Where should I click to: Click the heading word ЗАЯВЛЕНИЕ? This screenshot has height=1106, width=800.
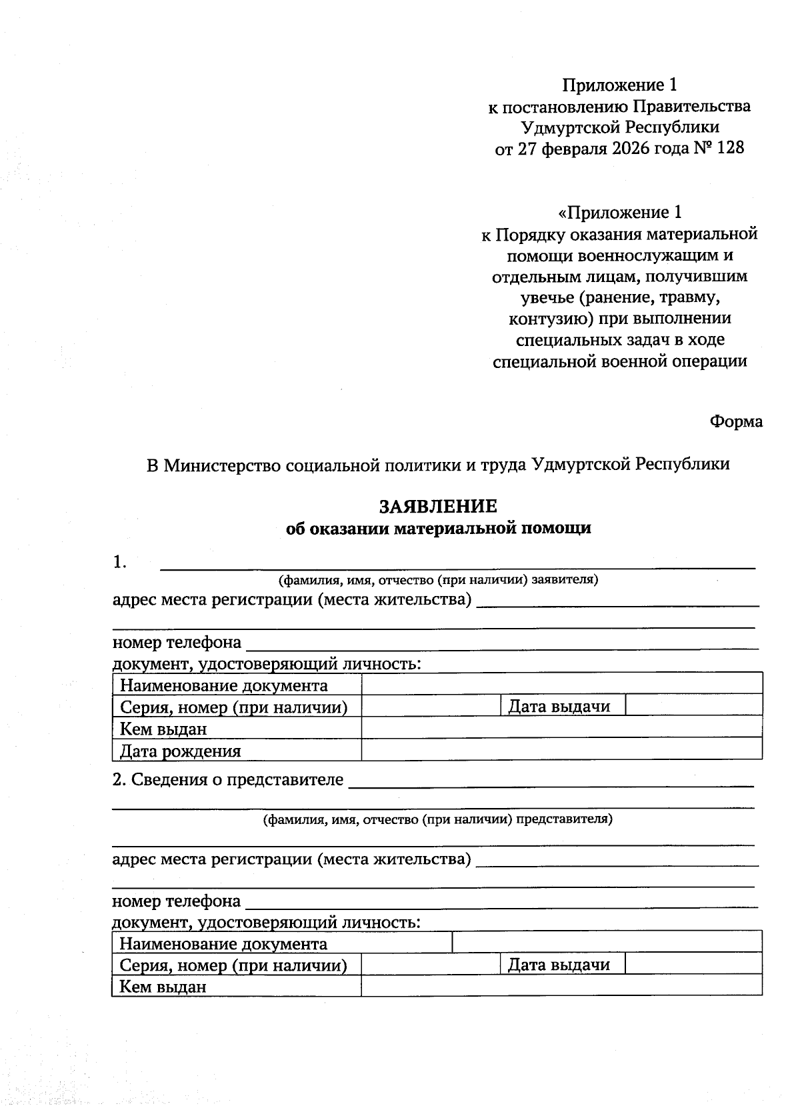438,507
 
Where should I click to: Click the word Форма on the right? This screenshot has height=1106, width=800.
736,422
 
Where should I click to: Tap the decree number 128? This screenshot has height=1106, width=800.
731,148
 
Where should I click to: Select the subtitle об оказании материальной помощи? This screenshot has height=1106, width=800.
438,529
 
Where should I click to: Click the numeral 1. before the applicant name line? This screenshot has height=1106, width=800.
120,563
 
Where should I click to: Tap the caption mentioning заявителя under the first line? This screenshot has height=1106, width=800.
438,579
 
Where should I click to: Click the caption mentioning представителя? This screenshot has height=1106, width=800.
437,819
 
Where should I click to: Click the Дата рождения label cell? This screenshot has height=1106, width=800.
180,751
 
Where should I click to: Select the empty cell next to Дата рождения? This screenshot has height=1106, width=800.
561,749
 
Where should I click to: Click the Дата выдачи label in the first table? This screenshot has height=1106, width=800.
559,707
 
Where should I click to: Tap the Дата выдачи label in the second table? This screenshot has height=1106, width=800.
559,965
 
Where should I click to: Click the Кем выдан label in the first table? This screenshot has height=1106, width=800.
163,729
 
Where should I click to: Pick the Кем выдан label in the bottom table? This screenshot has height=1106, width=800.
163,987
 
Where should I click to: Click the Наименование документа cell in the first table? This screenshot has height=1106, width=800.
223,686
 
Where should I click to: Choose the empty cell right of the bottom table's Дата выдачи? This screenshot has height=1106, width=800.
693,963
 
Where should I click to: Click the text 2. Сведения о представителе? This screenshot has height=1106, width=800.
228,779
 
